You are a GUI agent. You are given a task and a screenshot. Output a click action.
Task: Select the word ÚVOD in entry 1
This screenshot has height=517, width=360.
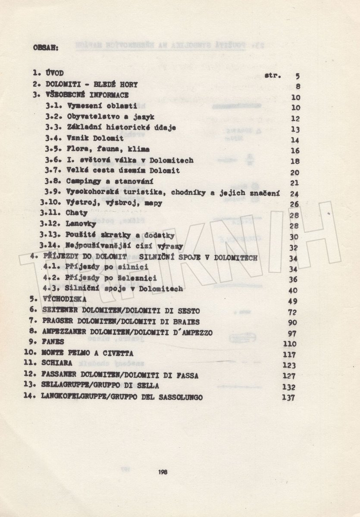pos(53,75)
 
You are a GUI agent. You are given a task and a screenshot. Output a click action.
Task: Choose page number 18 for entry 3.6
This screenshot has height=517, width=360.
pos(295,161)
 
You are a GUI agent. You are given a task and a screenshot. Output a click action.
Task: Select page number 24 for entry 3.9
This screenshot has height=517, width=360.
pos(295,194)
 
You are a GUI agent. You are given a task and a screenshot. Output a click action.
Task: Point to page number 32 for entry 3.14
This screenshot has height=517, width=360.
pos(295,247)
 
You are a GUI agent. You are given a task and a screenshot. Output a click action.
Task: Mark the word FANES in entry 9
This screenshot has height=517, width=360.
pos(53,342)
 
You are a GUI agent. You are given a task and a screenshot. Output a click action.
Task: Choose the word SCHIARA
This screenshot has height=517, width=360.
pos(57,364)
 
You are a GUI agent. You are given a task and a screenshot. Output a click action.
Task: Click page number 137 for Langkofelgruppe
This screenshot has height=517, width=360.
pos(288,398)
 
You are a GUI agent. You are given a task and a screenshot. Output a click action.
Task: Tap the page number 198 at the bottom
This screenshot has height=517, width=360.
pos(163,472)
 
